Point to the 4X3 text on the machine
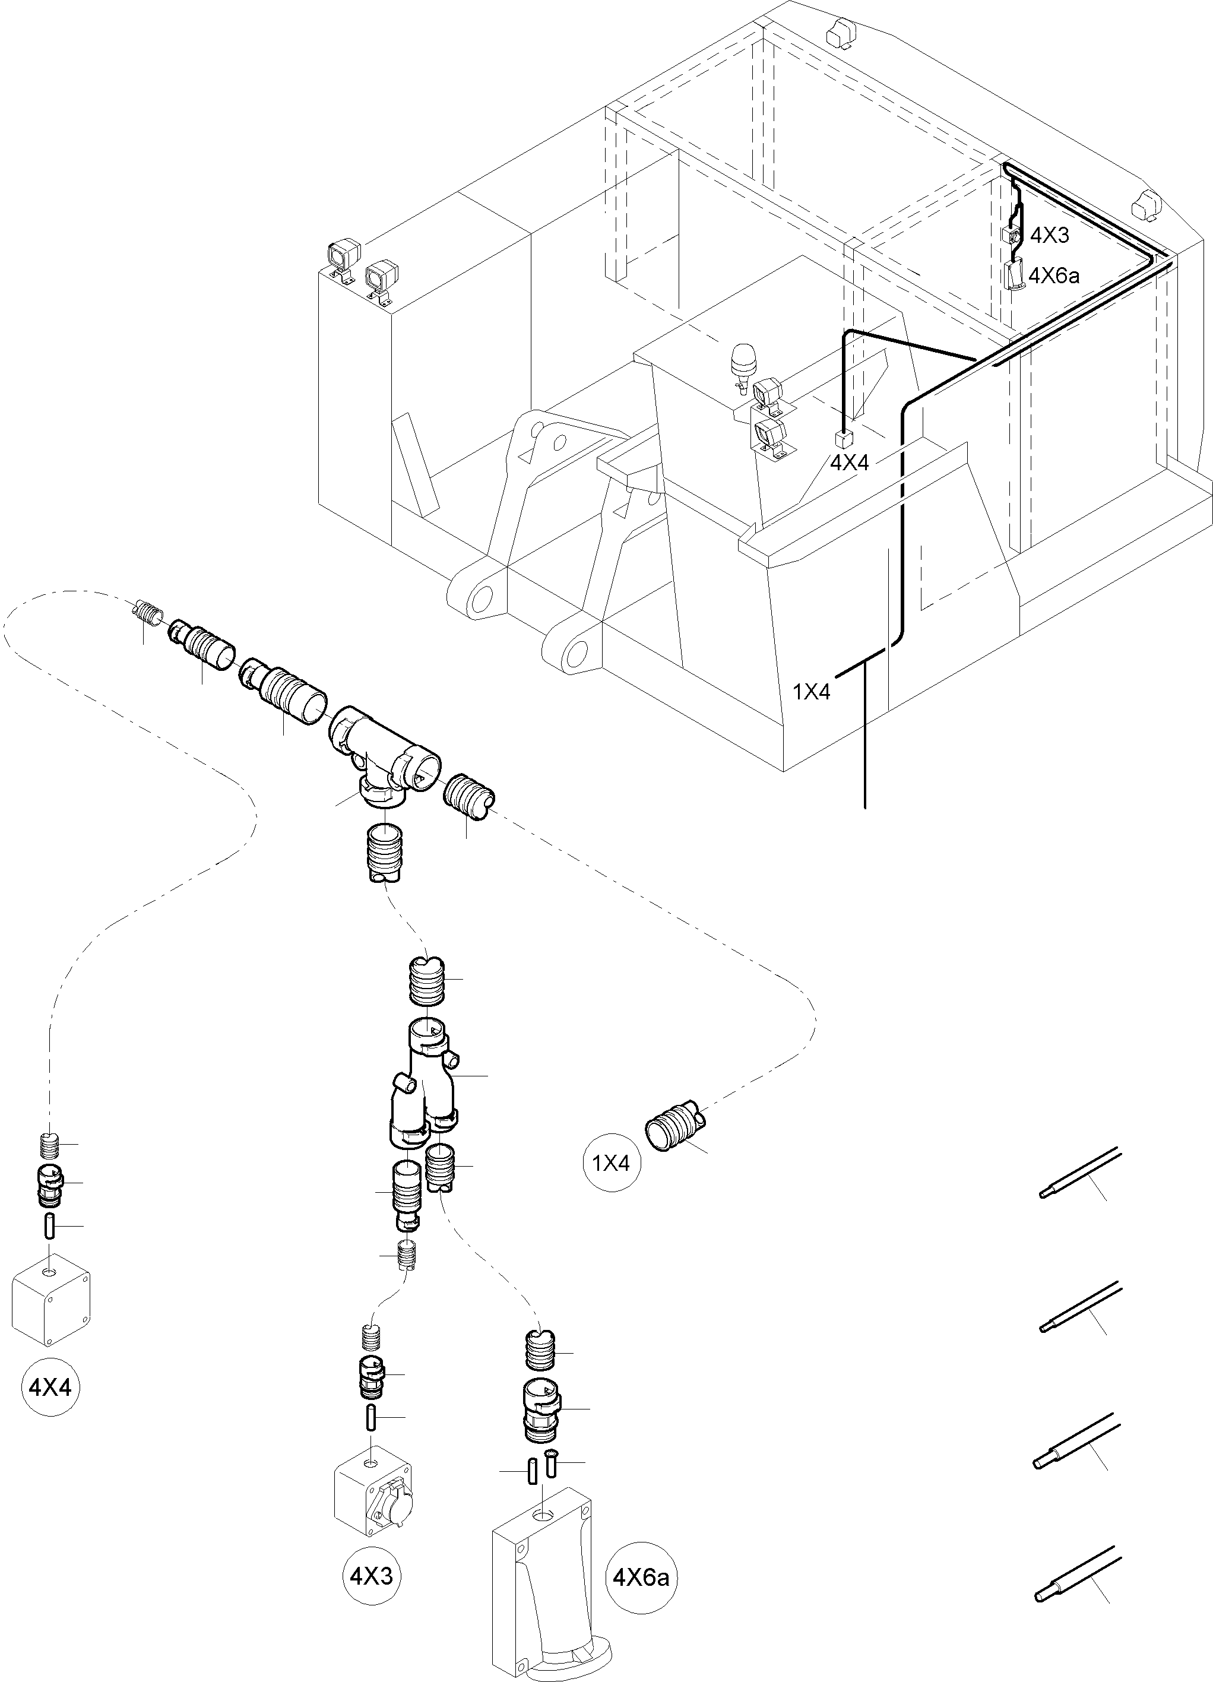tap(1049, 236)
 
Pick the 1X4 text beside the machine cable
tap(812, 692)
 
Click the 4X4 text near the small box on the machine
tap(849, 463)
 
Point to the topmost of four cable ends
tap(1079, 1176)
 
